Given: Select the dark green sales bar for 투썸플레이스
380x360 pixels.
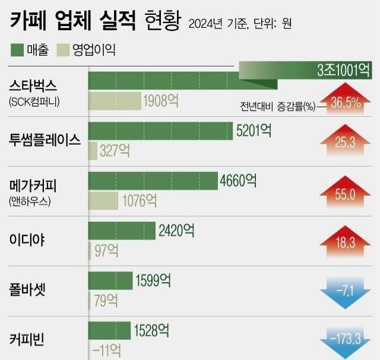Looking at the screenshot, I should (160, 130).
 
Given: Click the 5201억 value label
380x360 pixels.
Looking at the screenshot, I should (254, 130).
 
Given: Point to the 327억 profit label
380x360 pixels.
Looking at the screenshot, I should (115, 151).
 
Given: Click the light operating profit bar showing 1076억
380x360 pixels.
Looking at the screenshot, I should (103, 200).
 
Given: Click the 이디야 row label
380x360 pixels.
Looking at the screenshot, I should (27, 240).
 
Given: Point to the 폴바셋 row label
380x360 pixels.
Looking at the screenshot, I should (28, 290).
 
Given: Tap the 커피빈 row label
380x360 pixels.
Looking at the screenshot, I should (27, 340).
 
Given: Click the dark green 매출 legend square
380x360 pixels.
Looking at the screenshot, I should (17, 49).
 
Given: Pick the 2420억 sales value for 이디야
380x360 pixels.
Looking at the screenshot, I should (176, 230).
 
